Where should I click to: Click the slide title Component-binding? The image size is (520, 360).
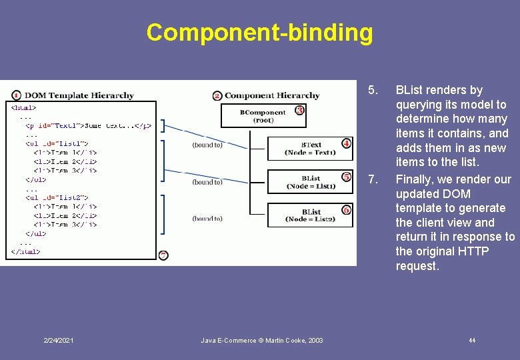point(259,32)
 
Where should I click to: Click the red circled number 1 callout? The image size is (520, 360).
point(16,95)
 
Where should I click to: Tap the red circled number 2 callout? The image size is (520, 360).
point(217,95)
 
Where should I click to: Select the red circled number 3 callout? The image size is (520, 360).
point(299,110)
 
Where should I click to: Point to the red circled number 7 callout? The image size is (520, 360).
point(164,255)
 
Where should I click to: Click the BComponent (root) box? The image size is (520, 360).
point(263,116)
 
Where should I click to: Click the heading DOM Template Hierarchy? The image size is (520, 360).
point(81,95)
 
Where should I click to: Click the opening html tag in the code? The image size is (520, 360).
point(24,107)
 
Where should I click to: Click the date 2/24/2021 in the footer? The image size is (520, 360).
point(59,341)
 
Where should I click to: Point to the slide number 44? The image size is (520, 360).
point(472,341)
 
